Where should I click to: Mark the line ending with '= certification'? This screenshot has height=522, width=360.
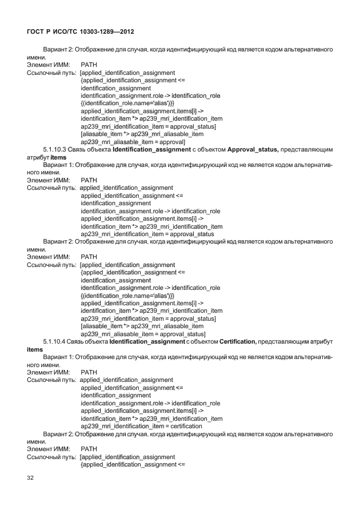(x=141, y=426)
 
